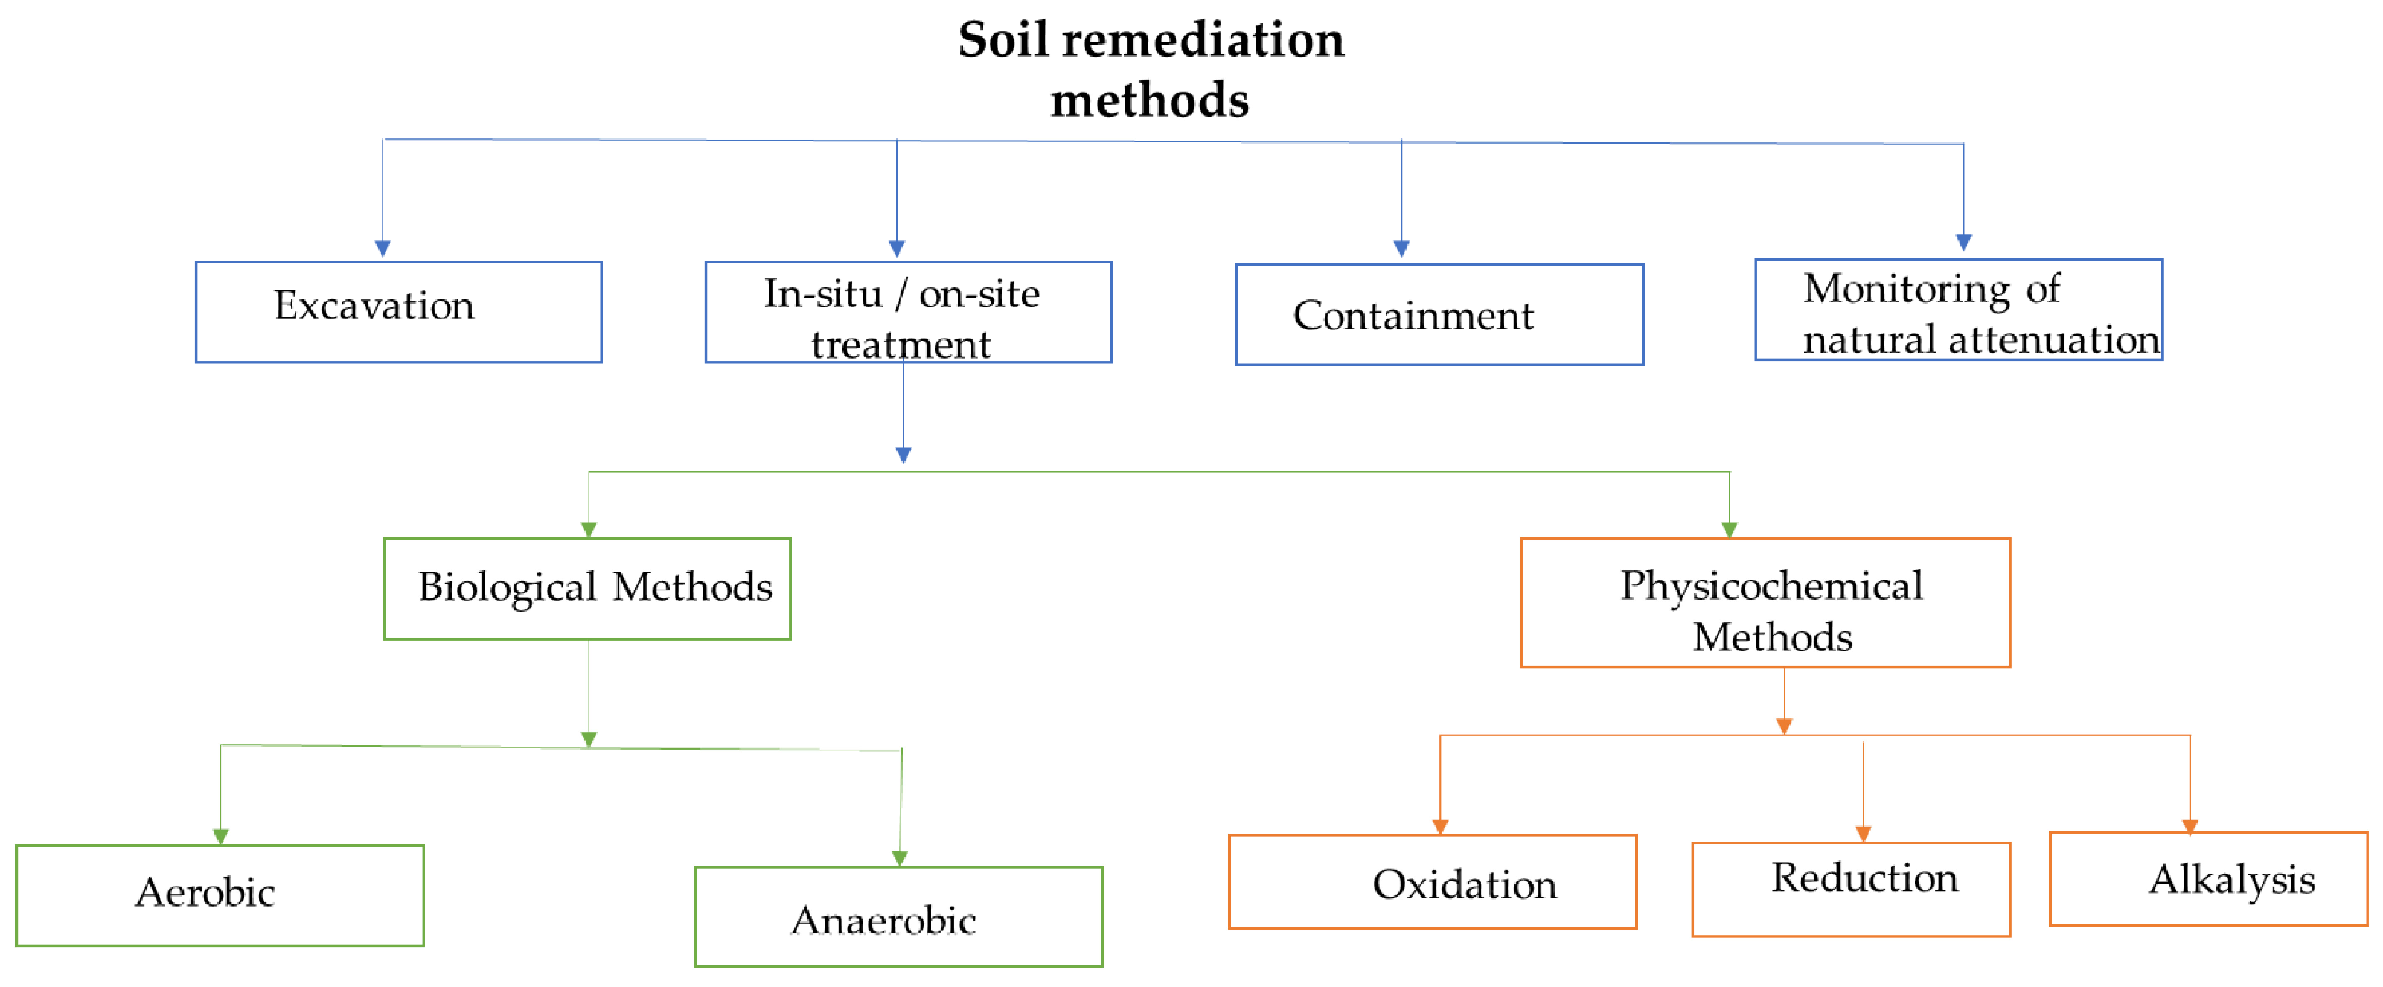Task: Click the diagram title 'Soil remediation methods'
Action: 1150,68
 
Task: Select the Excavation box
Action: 399,312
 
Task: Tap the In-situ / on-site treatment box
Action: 909,312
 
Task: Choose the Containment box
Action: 1439,315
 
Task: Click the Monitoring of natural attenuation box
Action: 1958,309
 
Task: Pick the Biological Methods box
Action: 587,588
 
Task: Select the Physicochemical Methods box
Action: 1765,602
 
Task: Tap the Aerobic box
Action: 220,895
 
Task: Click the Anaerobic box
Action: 898,917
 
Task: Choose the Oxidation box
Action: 1432,881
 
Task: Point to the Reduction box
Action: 1850,889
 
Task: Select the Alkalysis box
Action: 2208,879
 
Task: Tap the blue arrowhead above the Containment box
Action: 1401,248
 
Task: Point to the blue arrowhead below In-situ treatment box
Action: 903,455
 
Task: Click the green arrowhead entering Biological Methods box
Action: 589,529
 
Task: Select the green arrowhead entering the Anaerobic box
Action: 899,858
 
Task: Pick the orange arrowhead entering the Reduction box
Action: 1863,834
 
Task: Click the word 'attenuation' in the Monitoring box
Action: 2053,339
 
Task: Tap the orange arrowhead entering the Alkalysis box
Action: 2190,826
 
